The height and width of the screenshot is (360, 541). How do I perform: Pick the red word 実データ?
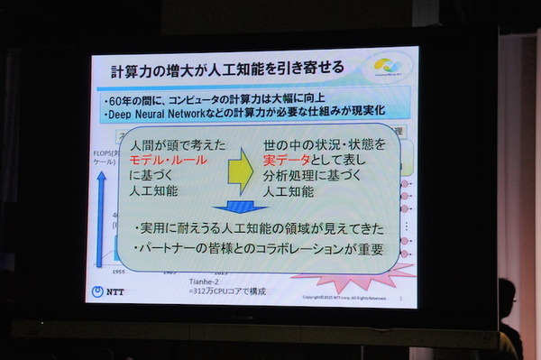[288, 160]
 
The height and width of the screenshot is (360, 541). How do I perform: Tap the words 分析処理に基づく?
[306, 176]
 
